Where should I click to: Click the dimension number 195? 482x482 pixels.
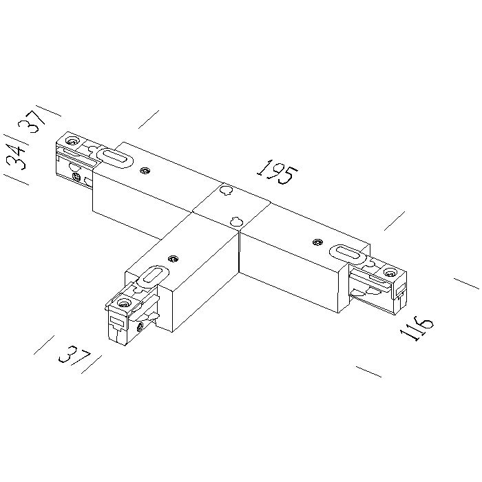[x=277, y=172]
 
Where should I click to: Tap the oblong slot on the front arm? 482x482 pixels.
[x=153, y=275]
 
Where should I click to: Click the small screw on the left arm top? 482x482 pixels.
[x=144, y=170]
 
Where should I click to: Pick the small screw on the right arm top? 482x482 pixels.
[x=317, y=242]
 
